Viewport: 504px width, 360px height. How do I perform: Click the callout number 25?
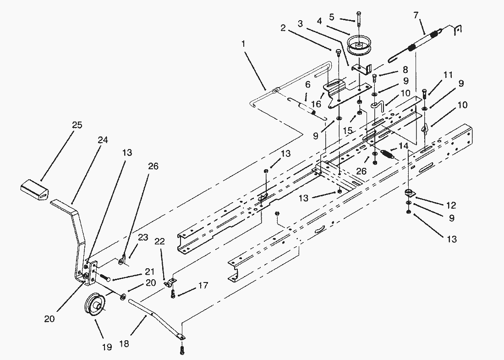(77, 125)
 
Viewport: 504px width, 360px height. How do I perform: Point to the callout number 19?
(106, 348)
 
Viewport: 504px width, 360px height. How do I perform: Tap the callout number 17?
(203, 286)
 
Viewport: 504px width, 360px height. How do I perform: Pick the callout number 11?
(447, 73)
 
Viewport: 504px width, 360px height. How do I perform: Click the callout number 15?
(347, 130)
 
